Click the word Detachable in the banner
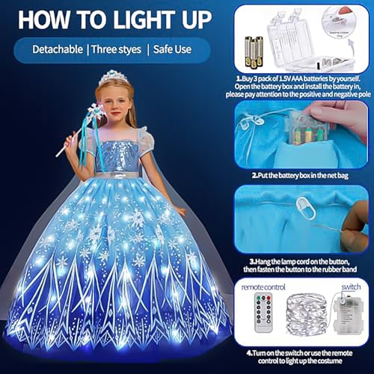[61, 50]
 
